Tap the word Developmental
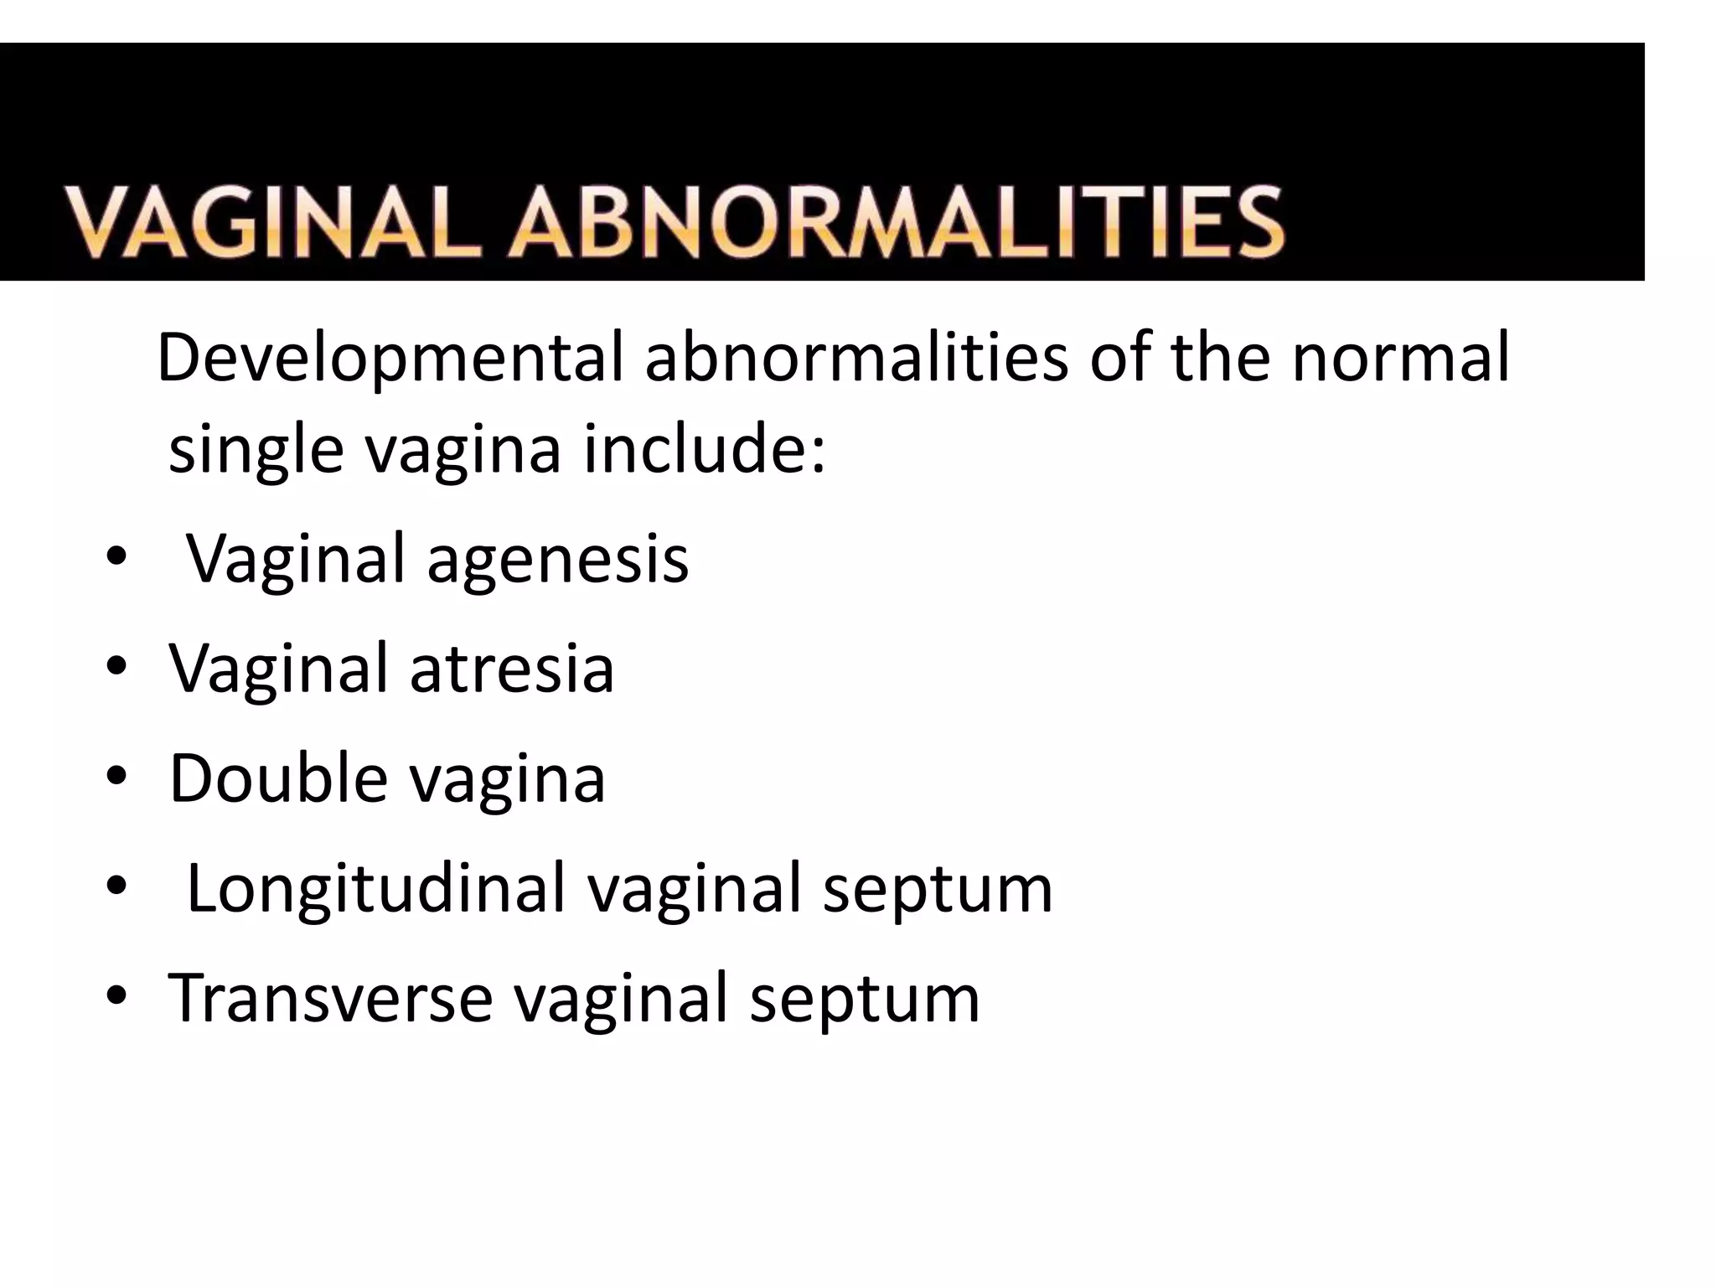click(x=390, y=358)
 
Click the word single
click(x=256, y=449)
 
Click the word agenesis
click(x=557, y=559)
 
